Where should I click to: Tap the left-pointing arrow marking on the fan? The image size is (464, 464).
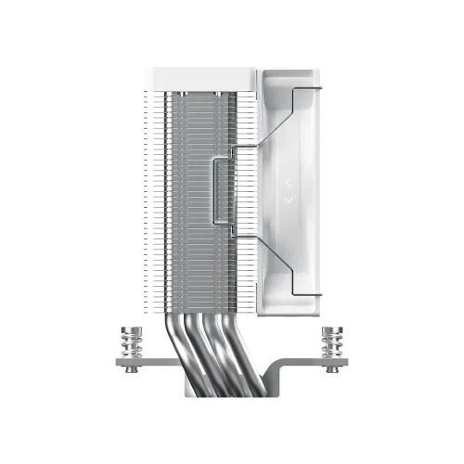pyautogui.click(x=288, y=183)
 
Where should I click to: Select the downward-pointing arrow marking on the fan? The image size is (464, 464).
pyautogui.click(x=288, y=198)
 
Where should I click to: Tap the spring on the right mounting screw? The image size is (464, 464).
pyautogui.click(x=332, y=345)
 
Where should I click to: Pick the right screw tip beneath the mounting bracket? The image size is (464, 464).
pyautogui.click(x=332, y=373)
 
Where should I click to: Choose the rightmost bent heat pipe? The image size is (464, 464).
pyautogui.click(x=247, y=334)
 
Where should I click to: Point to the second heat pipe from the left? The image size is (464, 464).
pyautogui.click(x=200, y=339)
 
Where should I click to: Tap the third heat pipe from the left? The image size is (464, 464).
pyautogui.click(x=224, y=339)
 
